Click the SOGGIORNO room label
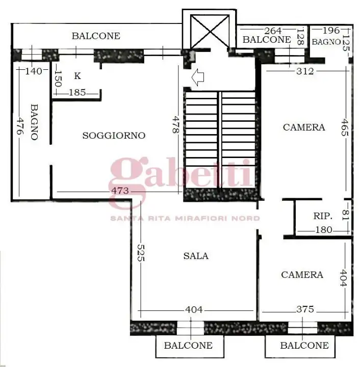click(114, 135)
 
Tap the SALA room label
click(196, 256)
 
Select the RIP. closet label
click(322, 216)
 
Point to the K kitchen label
click(78, 76)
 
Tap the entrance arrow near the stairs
click(197, 77)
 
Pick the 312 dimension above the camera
click(305, 71)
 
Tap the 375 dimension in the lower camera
click(305, 309)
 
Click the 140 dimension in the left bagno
click(33, 71)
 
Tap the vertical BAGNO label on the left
click(34, 122)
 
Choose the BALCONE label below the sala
click(188, 345)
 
